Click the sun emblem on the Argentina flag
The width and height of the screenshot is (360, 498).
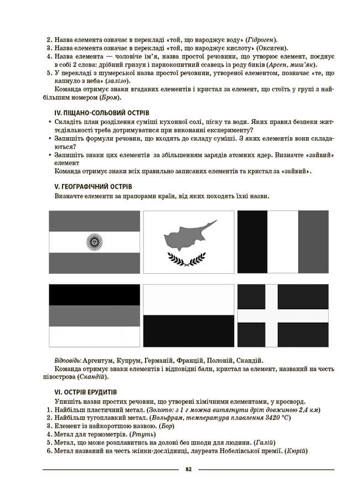point(95,242)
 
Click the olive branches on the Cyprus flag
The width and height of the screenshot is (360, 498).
point(188,258)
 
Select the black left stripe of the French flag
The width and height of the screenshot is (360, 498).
point(252,241)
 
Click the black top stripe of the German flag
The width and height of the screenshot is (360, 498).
point(95,295)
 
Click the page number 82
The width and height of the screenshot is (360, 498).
point(188,469)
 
